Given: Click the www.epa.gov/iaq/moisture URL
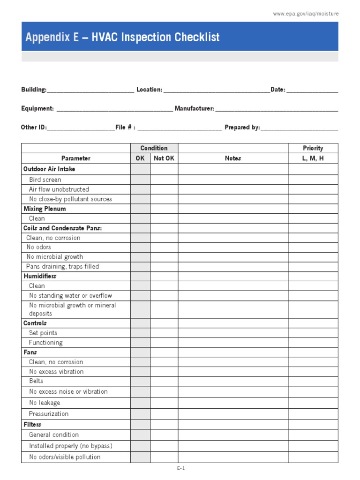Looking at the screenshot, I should (x=306, y=14).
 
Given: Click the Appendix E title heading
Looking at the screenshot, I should (x=122, y=37).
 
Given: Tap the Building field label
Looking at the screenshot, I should (x=34, y=90).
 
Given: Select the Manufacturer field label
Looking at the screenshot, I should (x=195, y=109).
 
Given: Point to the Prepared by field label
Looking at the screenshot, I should (x=242, y=127).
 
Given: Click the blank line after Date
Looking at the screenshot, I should (x=312, y=90).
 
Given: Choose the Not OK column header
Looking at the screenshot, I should (x=164, y=158).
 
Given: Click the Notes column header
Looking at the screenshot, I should (x=232, y=158).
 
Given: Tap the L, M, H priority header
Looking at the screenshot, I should (x=313, y=158).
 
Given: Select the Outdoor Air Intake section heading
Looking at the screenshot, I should (x=49, y=169).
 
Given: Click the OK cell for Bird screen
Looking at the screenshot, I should (x=140, y=180).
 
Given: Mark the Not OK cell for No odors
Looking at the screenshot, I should (x=164, y=247).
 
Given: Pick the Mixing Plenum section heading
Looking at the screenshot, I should (x=45, y=209).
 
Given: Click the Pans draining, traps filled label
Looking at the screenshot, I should (x=63, y=266).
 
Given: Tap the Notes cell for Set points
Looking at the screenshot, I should (x=232, y=333).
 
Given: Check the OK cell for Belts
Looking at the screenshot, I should (x=140, y=381).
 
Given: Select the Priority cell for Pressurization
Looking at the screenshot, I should (x=313, y=414).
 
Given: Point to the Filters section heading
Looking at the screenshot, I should (x=32, y=424).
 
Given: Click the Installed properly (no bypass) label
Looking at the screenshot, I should (x=71, y=446).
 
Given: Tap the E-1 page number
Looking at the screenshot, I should (x=181, y=468).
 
